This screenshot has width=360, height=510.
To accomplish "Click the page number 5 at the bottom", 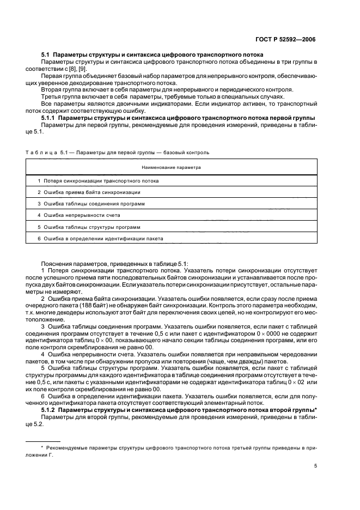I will tap(315, 466).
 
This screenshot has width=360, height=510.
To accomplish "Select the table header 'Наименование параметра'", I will tap(171, 167).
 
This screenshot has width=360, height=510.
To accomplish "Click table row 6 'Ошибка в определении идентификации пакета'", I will tap(100, 239).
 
